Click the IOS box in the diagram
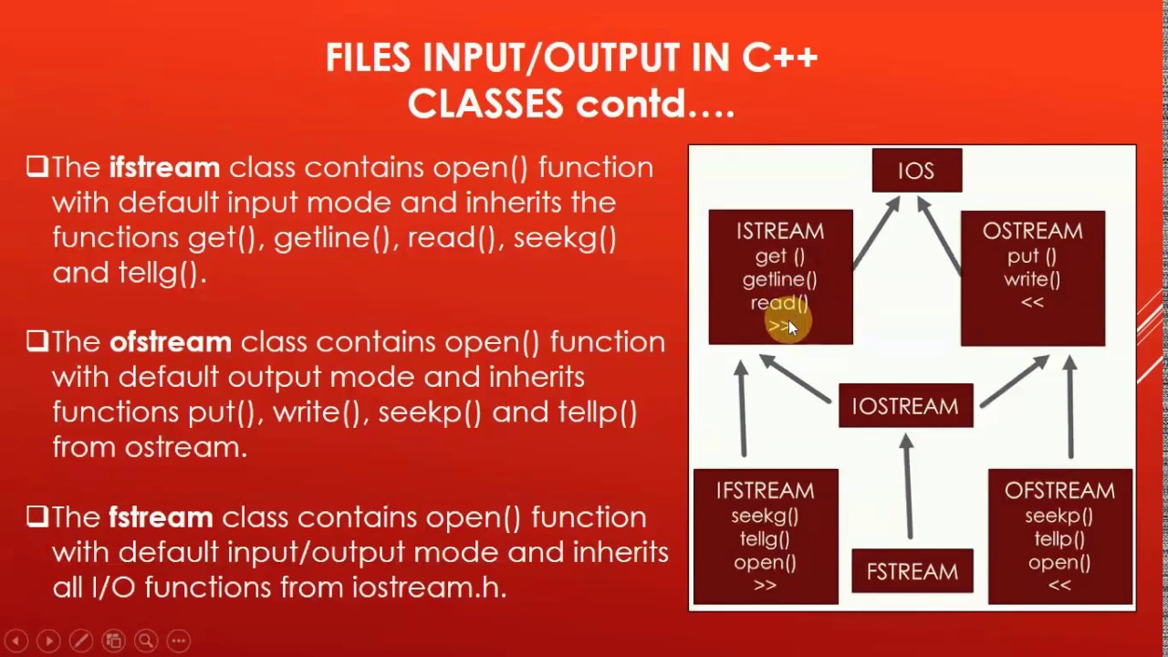pyautogui.click(x=916, y=171)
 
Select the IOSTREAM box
pyautogui.click(x=905, y=406)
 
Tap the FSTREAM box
pyautogui.click(x=912, y=572)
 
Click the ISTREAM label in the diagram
pyautogui.click(x=780, y=232)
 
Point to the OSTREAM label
pyautogui.click(x=1032, y=232)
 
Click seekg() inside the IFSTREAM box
pyautogui.click(x=765, y=516)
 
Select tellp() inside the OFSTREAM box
pyautogui.click(x=1058, y=539)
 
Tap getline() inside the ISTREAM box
pyautogui.click(x=779, y=280)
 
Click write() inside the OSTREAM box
pyautogui.click(x=1032, y=280)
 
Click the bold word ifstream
pyautogui.click(x=164, y=168)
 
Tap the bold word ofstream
pyautogui.click(x=171, y=342)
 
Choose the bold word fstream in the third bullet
pyautogui.click(x=161, y=517)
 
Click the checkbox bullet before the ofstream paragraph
pyautogui.click(x=36, y=341)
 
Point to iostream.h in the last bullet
pyautogui.click(x=428, y=588)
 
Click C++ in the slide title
pyautogui.click(x=779, y=58)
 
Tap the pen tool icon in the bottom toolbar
pyautogui.click(x=80, y=641)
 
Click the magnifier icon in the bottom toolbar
pyautogui.click(x=145, y=641)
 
